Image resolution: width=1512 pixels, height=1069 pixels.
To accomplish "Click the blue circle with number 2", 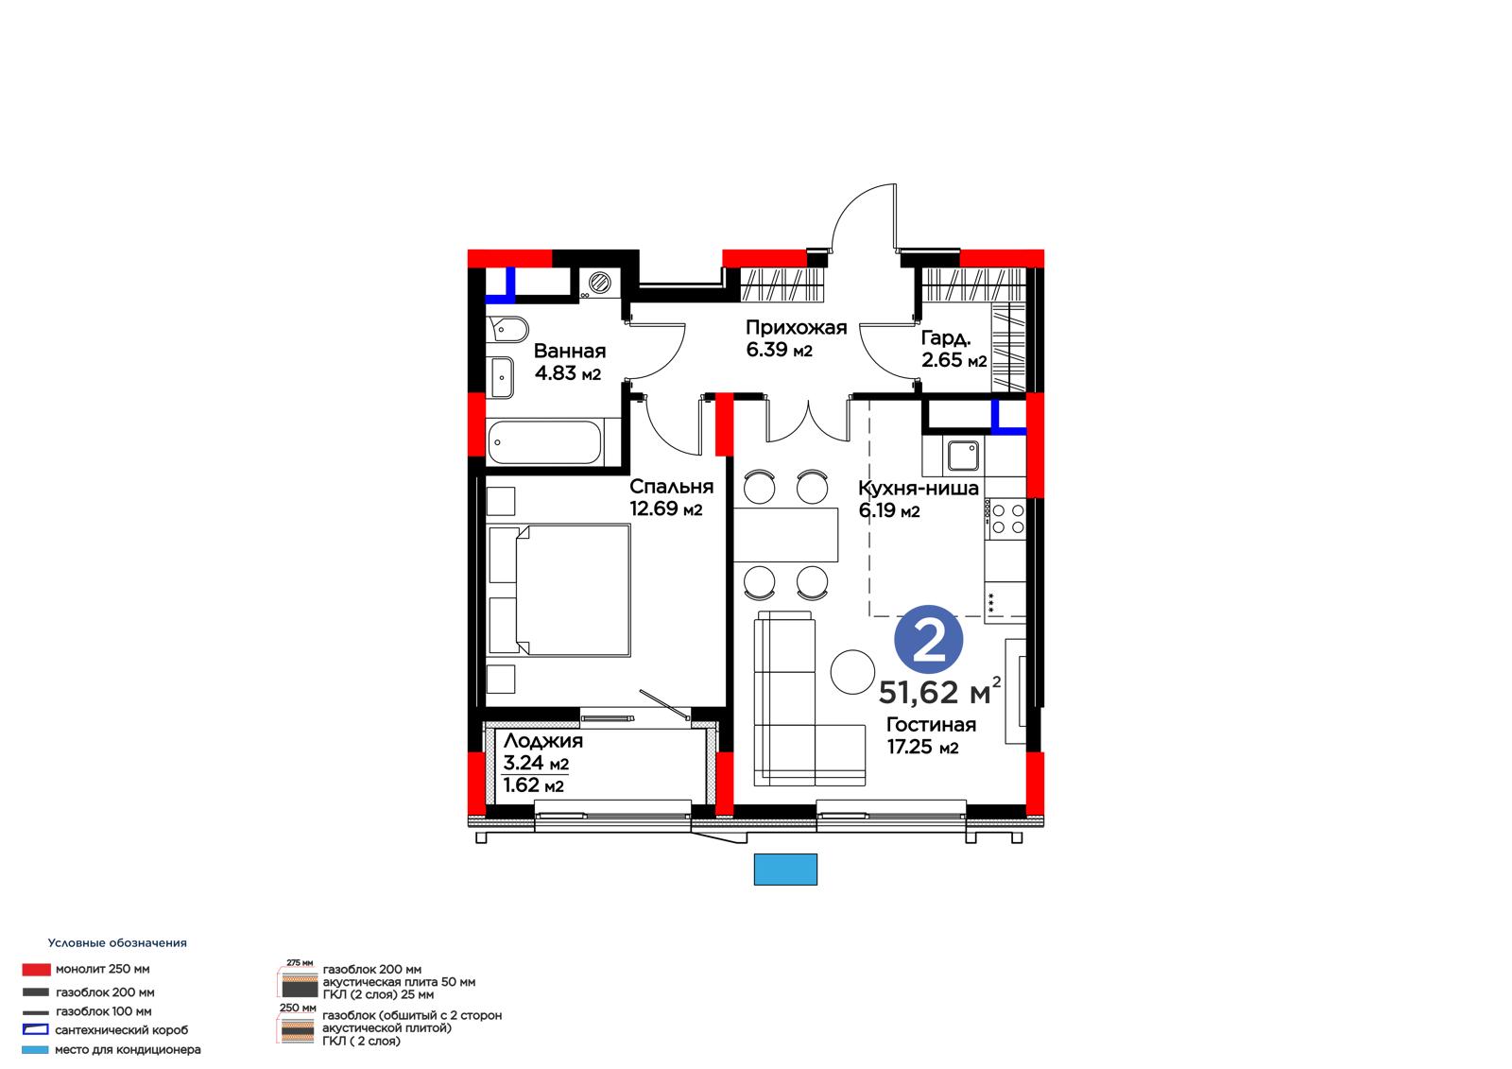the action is tap(928, 639).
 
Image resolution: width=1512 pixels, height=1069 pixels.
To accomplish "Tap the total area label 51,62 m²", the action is tap(939, 692).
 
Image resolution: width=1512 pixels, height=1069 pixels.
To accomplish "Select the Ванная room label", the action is tap(570, 352).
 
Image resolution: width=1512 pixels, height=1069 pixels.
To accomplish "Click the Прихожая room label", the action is tap(796, 328).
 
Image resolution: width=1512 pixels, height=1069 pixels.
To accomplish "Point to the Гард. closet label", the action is tap(946, 337).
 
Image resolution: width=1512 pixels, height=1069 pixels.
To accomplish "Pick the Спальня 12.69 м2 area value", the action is tap(665, 509).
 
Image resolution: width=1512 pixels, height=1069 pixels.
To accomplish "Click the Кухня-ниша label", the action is tap(918, 489).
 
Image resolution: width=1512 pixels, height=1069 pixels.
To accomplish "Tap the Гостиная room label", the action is tap(931, 725).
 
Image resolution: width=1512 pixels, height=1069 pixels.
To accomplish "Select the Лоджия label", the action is tap(542, 741).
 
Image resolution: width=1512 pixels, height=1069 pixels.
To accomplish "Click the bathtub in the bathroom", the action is tap(544, 442).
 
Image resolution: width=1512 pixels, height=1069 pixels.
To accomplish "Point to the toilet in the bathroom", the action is tap(509, 330).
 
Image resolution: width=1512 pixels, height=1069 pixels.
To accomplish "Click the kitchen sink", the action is tap(963, 456).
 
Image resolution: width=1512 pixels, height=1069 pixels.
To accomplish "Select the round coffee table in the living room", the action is tap(852, 672).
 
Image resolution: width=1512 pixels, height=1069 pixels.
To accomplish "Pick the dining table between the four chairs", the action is tap(785, 535).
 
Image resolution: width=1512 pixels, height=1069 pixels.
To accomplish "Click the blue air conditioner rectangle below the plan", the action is tap(785, 870).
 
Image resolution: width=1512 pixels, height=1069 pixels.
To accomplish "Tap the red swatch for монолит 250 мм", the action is tap(36, 970).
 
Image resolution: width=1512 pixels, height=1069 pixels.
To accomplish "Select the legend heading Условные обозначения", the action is tap(117, 942).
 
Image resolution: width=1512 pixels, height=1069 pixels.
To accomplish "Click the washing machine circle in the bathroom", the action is tap(599, 283).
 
